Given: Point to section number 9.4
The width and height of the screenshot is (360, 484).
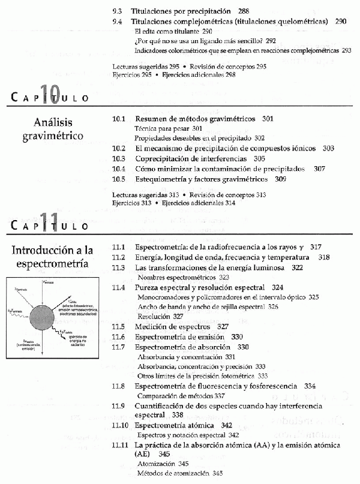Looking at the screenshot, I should pyautogui.click(x=118, y=21).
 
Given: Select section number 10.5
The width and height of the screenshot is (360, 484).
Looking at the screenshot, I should pyautogui.click(x=119, y=179).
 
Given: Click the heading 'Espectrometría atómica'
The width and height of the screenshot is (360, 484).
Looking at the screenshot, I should pyautogui.click(x=175, y=425).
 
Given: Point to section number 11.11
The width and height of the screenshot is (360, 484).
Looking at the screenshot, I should pyautogui.click(x=121, y=446).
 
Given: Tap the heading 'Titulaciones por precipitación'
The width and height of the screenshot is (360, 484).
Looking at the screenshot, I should pyautogui.click(x=182, y=11).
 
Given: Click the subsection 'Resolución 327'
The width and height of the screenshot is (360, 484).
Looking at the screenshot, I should pyautogui.click(x=160, y=316).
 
